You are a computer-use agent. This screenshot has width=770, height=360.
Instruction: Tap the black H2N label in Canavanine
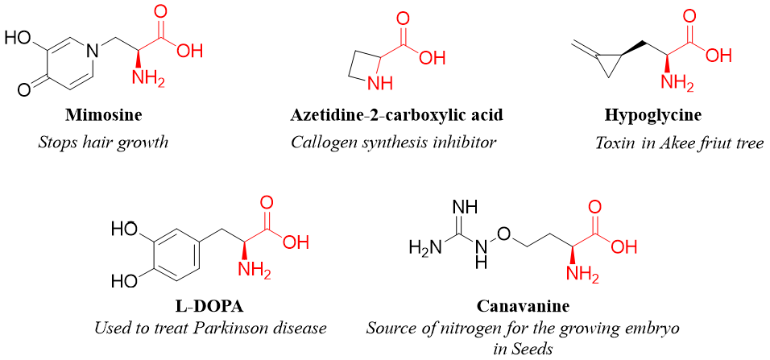pos(425,247)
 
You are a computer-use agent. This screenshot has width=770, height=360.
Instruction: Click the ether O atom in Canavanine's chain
pos(503,234)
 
